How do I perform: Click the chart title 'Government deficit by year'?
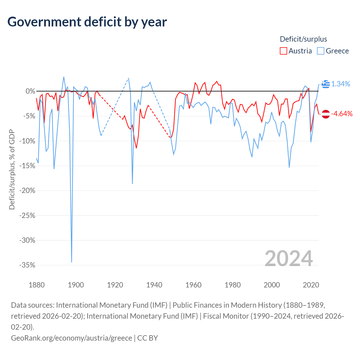87,22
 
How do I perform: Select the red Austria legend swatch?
283,51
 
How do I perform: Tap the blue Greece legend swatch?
320,51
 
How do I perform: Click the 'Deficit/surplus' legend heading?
303,39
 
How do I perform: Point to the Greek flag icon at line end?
326,84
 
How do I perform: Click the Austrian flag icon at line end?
326,114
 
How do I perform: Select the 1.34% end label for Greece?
341,84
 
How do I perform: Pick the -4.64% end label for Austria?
342,114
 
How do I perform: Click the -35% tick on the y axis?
27,265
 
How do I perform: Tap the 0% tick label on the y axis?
30,91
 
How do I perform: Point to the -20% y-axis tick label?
27,191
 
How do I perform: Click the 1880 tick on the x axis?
37,285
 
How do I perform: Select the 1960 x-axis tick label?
193,285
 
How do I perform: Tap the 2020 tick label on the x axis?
311,285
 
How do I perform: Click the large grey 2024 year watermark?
289,259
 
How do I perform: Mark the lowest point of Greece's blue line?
71,262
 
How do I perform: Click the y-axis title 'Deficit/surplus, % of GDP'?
12,169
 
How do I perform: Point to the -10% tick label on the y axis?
27,141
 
